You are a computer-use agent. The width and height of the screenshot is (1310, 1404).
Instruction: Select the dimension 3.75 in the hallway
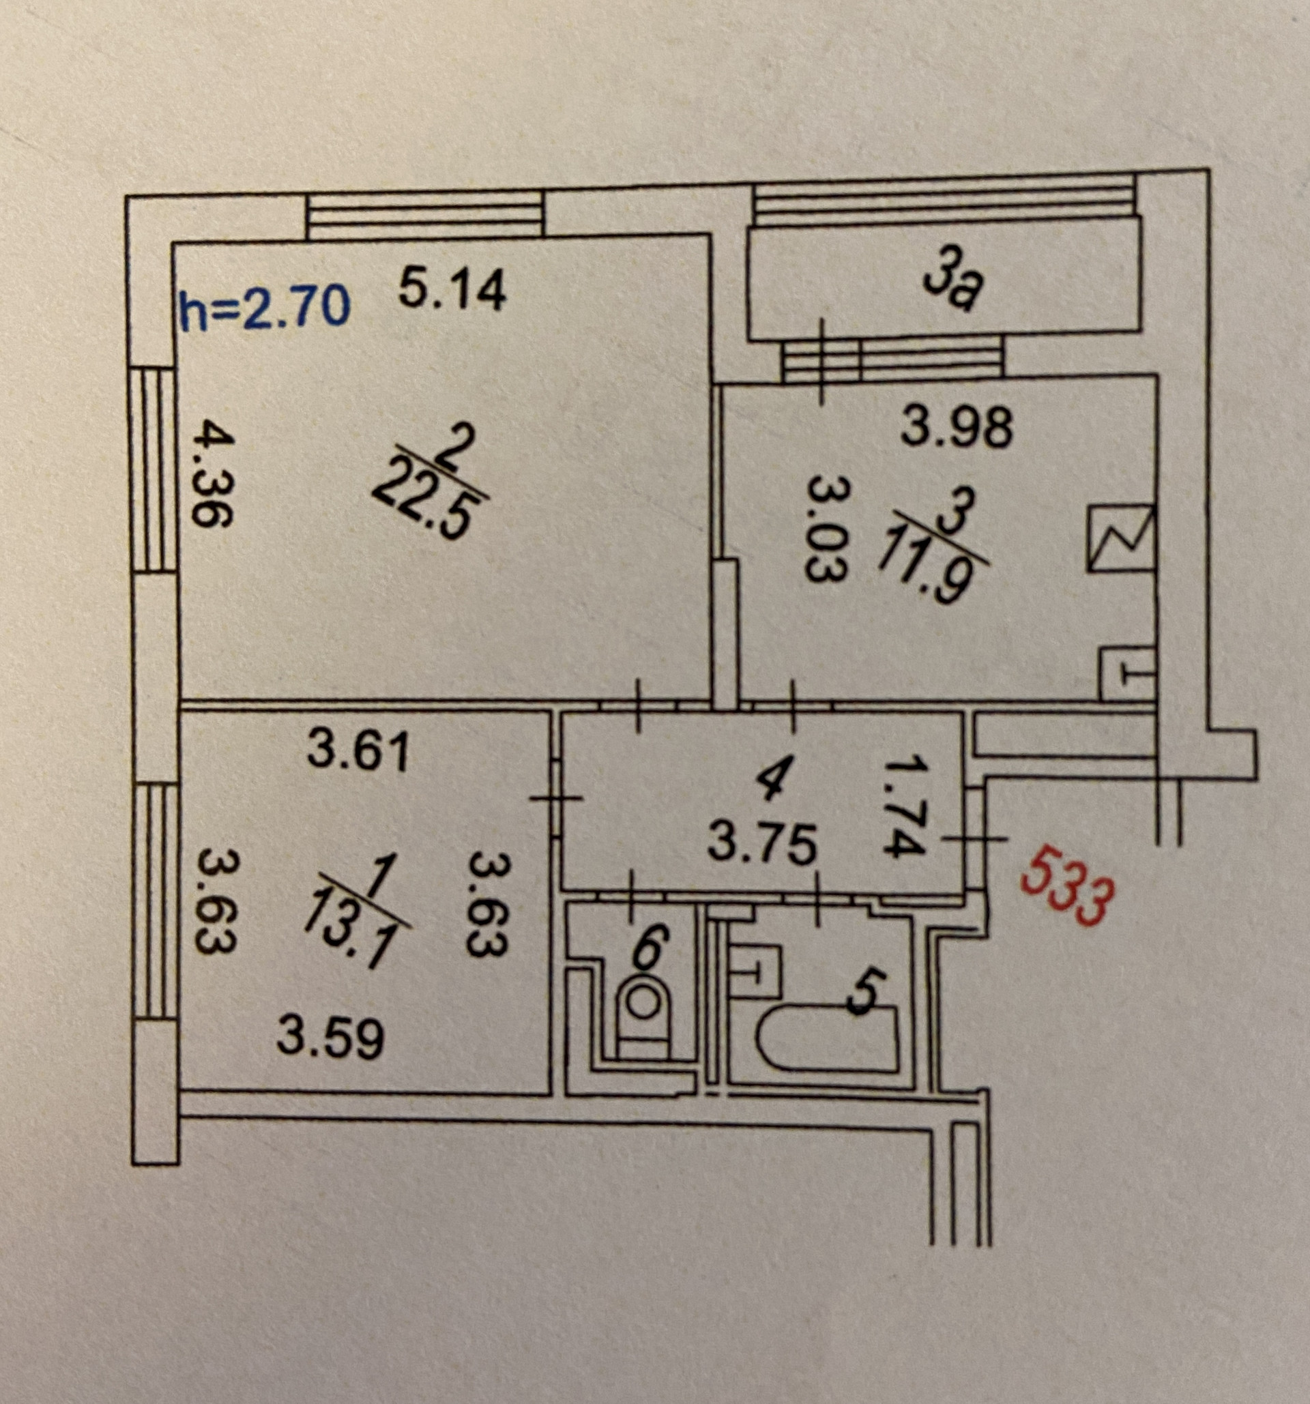pyautogui.click(x=763, y=843)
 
